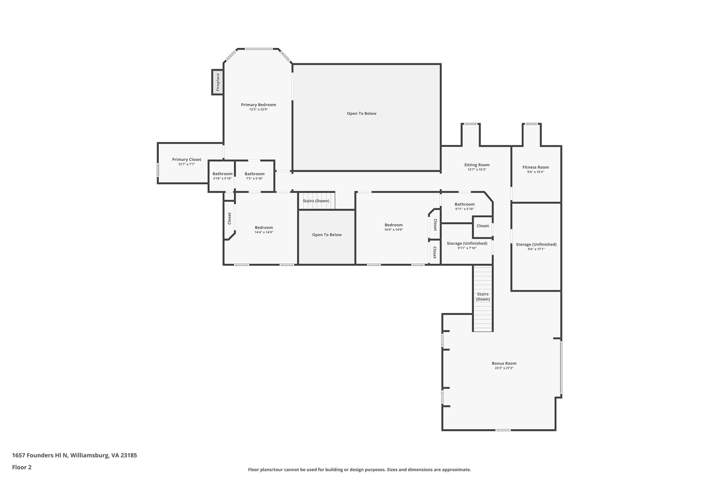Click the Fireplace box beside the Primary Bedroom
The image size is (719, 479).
pos(217,82)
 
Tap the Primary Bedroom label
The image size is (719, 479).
pos(258,105)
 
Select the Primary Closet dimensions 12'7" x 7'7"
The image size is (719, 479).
pos(187,164)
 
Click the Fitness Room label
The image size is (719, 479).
pos(536,167)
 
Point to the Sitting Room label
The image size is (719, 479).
pos(477,165)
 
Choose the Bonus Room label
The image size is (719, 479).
pos(504,363)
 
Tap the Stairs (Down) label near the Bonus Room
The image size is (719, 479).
pos(483,297)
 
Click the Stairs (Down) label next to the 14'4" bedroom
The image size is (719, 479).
pos(316,201)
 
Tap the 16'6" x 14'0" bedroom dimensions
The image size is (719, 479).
pos(394,230)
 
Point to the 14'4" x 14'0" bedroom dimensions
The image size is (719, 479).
pos(264,232)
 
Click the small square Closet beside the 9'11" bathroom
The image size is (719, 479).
pos(483,226)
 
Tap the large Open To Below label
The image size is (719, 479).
pos(361,113)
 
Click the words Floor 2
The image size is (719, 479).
pos(22,467)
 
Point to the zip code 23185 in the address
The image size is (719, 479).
pos(128,455)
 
